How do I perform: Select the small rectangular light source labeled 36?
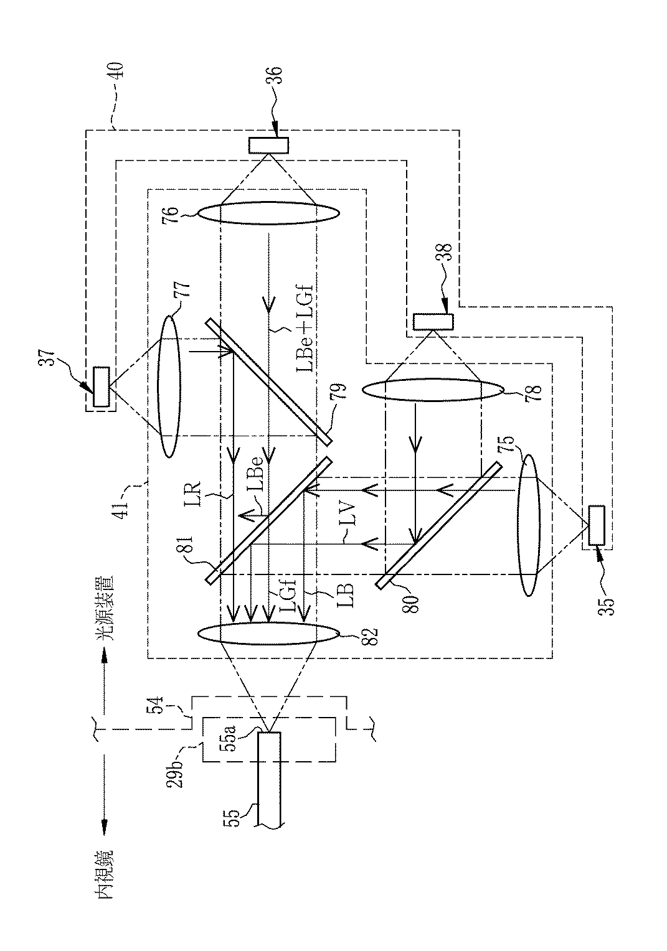[268, 145]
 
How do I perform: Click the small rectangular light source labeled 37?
[101, 386]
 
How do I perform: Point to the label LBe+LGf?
[304, 327]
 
